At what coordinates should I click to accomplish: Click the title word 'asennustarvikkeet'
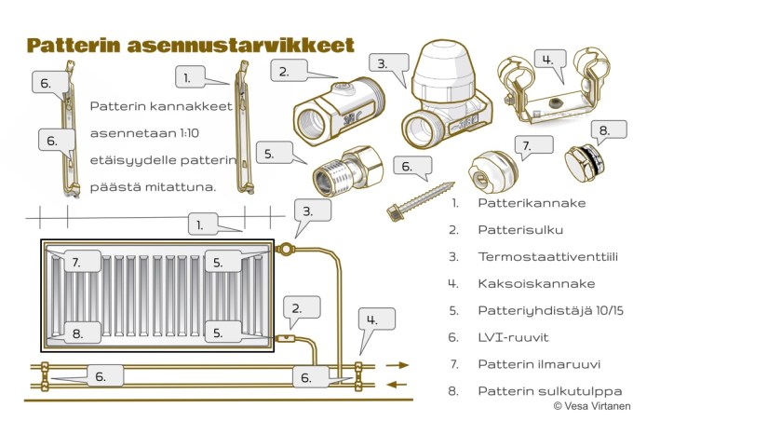(240, 45)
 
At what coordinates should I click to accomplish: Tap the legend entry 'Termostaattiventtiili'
(547, 257)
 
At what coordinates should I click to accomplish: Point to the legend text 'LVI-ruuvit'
(513, 338)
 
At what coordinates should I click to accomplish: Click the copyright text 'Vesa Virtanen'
(597, 406)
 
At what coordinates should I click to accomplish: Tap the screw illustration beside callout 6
(420, 201)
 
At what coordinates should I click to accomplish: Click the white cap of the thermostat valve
(442, 67)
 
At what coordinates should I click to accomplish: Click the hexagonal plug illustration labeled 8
(584, 162)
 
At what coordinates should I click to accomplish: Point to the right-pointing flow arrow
(397, 365)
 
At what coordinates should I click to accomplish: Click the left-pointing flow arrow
(397, 385)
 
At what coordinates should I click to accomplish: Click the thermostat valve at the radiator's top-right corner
(285, 250)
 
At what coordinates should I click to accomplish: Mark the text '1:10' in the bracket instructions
(189, 133)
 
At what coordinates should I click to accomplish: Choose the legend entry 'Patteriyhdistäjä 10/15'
(550, 311)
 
